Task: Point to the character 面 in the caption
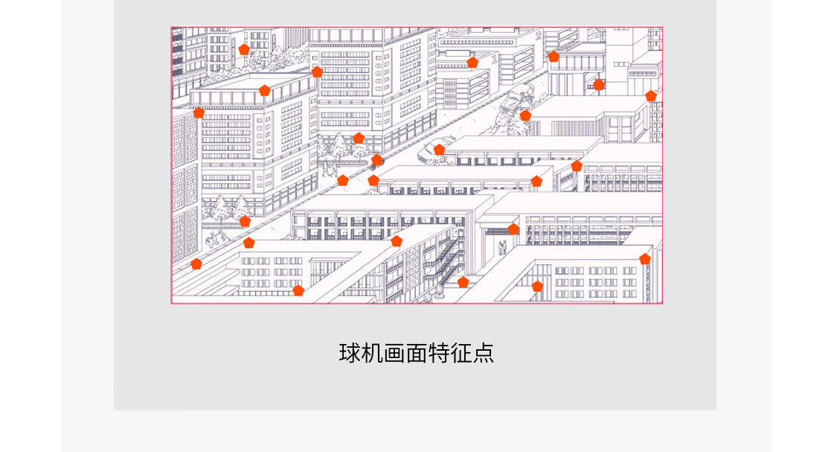coord(417,352)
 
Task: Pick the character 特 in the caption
coord(440,352)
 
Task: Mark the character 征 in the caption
coord(462,352)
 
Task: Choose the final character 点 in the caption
coord(484,352)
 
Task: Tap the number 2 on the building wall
coord(538,34)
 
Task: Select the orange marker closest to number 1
coord(472,62)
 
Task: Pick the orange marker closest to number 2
coord(554,56)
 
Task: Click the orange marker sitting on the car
coord(439,150)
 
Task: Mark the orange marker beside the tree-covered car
coord(525,115)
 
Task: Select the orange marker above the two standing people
coord(513,229)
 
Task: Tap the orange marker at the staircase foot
coord(463,282)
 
